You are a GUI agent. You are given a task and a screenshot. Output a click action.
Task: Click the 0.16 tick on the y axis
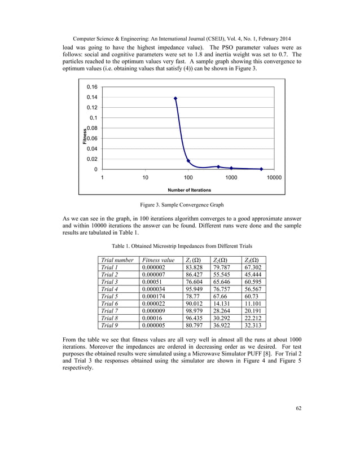coord(91,87)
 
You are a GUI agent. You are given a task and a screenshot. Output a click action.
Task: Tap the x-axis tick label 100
coord(188,178)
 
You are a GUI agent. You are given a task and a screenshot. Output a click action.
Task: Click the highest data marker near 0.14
coord(175,98)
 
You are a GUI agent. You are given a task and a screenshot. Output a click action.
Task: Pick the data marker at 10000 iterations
coord(261,169)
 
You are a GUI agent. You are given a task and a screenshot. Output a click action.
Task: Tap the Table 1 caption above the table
coord(180,246)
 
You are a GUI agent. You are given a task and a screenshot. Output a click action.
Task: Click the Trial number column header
coord(117,260)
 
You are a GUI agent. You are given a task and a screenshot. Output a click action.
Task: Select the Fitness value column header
coord(160,260)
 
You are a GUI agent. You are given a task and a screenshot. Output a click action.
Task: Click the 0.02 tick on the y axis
coord(91,159)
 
